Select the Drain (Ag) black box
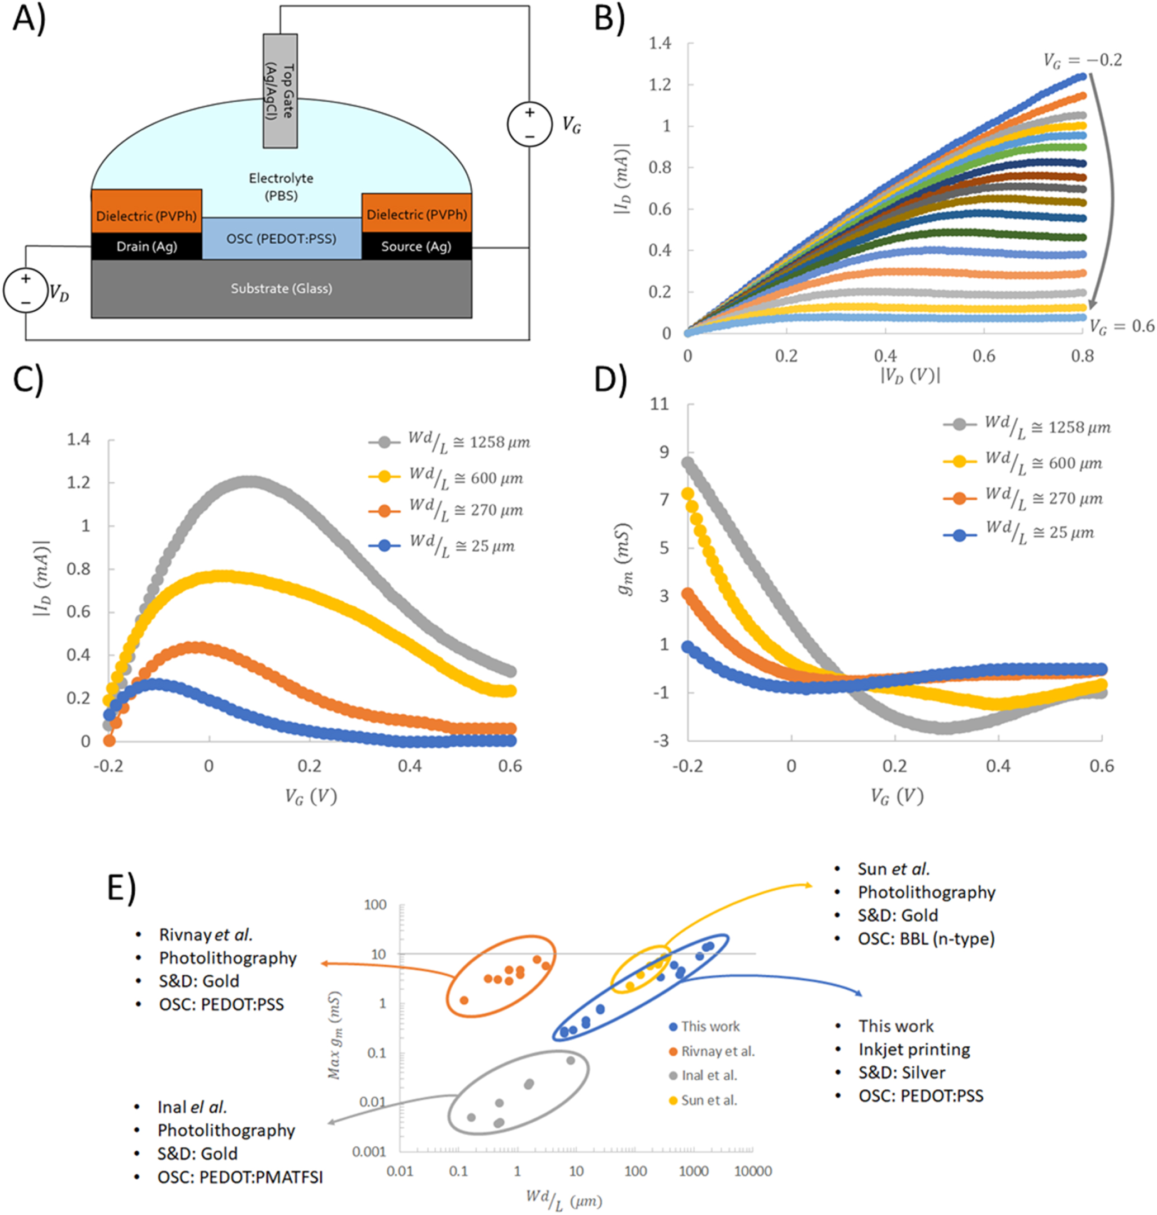coord(146,246)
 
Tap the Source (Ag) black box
coord(416,246)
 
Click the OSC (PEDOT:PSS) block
coord(281,238)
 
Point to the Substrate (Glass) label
coord(281,288)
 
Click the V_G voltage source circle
coord(529,124)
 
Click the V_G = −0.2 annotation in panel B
coord(1082,60)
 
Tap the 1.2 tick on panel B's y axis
coord(660,84)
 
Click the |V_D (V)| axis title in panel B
coord(911,376)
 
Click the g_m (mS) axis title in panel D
coord(625,560)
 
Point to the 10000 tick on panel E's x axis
coord(753,1171)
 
